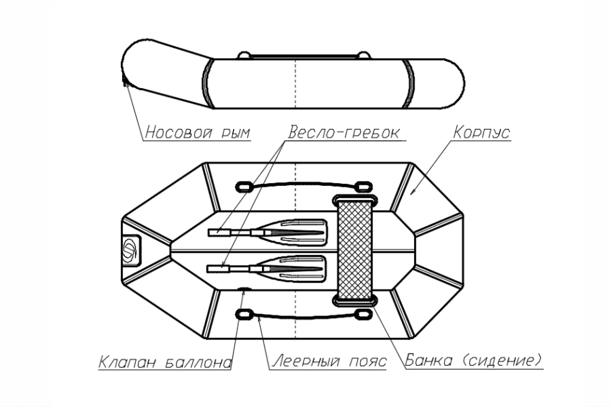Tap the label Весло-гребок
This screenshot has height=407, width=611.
[346, 131]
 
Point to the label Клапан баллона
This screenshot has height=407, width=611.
[165, 362]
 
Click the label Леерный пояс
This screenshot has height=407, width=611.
[329, 362]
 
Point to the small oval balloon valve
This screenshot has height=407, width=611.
[243, 290]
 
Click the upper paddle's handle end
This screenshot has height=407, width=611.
[219, 233]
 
